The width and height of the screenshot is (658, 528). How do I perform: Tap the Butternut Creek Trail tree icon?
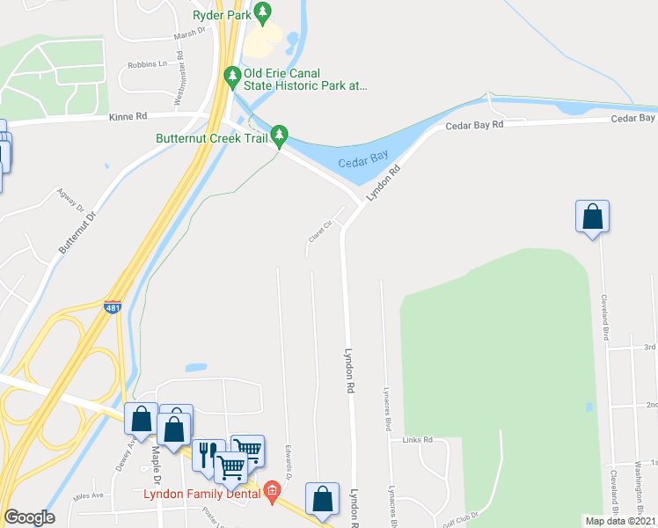pos(279,135)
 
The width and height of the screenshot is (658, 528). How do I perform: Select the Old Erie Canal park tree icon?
pos(232,77)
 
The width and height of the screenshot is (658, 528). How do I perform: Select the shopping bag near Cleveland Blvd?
pos(592,216)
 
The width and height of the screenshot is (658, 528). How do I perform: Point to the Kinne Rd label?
pos(128,116)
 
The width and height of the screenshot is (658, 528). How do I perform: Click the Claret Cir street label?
pos(319,232)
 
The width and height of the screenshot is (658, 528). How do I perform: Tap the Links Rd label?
pos(418,439)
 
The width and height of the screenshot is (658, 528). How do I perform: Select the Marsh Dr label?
pos(188,30)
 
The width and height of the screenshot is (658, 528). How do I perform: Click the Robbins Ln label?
pos(147,64)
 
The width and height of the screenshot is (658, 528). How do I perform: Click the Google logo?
pos(29,518)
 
